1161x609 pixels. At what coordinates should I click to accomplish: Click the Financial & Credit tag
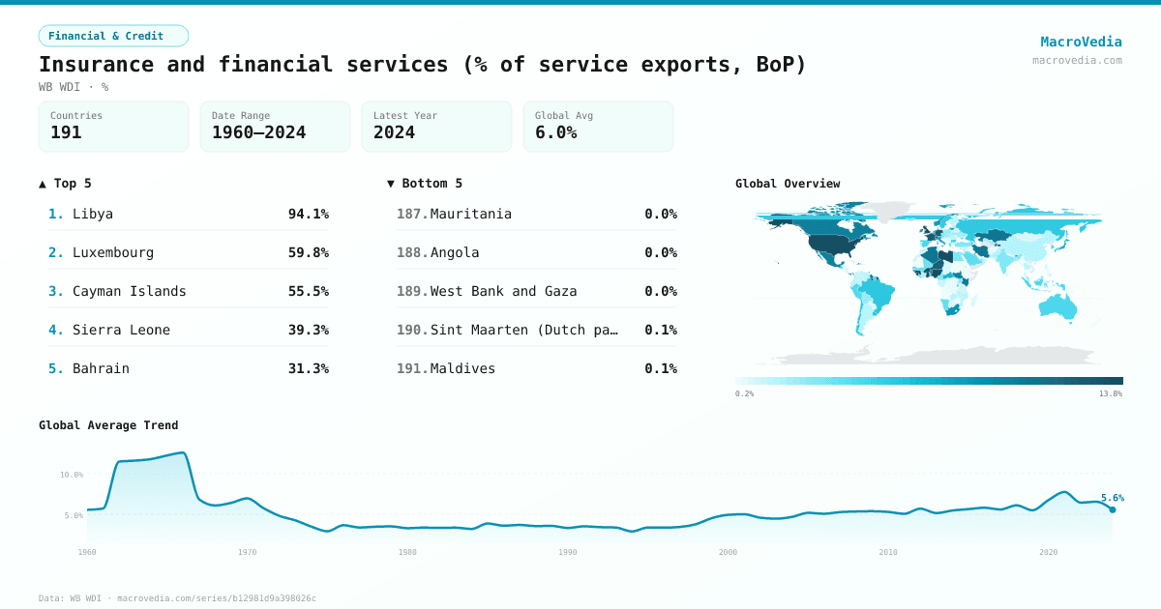point(113,36)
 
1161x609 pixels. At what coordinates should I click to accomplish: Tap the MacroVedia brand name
point(1081,42)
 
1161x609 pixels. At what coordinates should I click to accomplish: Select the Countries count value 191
point(66,132)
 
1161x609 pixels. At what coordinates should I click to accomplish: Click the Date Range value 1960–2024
point(258,132)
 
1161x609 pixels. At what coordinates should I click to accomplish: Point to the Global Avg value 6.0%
point(555,132)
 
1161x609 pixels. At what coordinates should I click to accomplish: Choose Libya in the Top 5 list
point(93,214)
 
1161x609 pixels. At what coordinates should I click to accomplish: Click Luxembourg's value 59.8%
point(308,252)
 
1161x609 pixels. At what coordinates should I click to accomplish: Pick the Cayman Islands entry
point(129,291)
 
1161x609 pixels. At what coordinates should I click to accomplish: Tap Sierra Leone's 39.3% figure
point(308,330)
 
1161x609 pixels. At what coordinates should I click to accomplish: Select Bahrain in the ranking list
point(101,368)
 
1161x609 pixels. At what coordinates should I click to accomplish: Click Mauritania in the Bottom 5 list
point(470,214)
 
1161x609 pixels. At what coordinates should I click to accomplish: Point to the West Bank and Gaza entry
point(503,291)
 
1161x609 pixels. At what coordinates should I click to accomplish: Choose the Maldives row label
point(462,368)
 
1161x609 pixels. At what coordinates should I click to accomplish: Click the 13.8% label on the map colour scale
point(1111,394)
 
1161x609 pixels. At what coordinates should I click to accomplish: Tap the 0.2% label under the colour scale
point(744,394)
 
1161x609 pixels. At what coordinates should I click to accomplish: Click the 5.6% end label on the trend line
point(1112,498)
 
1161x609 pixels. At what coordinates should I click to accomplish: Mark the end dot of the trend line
point(1113,509)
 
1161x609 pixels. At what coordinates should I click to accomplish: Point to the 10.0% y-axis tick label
point(72,475)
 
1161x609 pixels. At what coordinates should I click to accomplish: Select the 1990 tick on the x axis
point(568,552)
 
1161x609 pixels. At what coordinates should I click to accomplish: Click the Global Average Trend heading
point(108,425)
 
